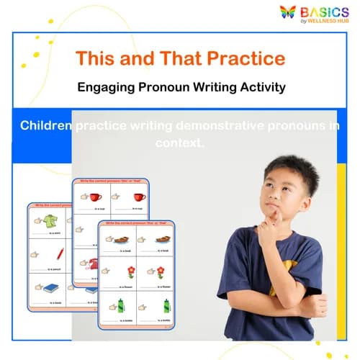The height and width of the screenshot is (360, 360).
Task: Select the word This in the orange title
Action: click(95, 58)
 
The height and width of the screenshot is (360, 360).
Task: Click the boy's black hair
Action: click(287, 167)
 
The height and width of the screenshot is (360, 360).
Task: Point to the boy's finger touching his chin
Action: click(264, 217)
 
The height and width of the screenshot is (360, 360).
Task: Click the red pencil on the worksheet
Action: click(60, 253)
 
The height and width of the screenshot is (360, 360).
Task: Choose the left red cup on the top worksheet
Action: click(96, 197)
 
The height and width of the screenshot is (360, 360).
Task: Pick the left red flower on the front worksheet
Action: click(130, 271)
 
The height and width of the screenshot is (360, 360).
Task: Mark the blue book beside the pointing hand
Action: click(51, 288)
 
